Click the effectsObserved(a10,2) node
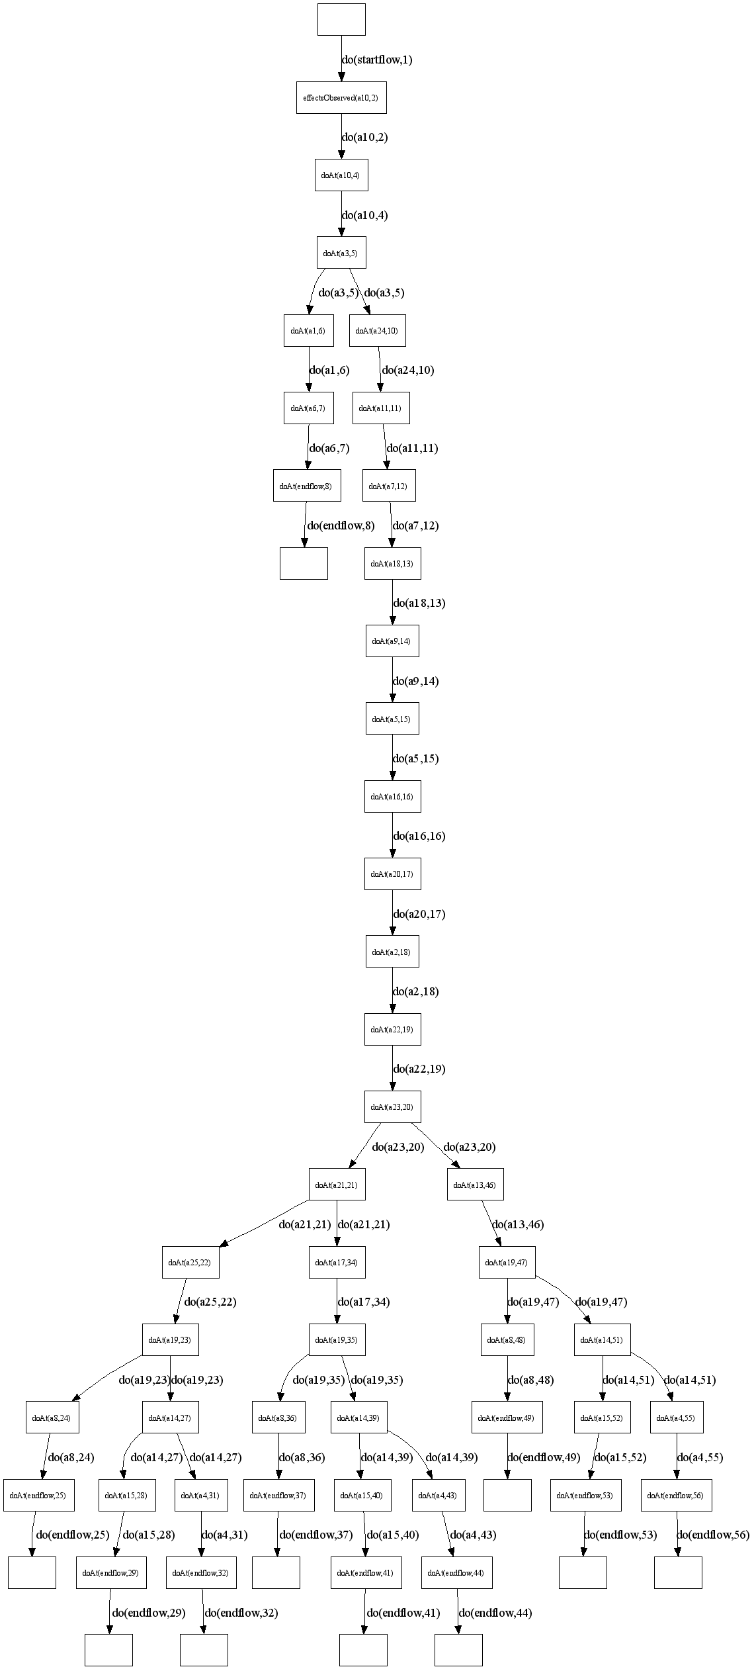click(x=341, y=98)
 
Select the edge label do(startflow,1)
click(x=377, y=60)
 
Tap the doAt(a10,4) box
click(x=341, y=175)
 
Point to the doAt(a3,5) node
click(x=341, y=253)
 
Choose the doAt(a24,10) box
click(x=377, y=330)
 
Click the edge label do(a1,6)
click(x=329, y=371)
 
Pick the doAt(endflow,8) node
click(x=305, y=486)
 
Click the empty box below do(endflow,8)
click(x=304, y=563)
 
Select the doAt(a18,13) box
click(x=392, y=563)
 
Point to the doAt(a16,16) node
click(x=392, y=796)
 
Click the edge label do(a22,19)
click(x=419, y=1069)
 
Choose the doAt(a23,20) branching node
click(x=392, y=1106)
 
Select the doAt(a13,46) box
click(x=476, y=1185)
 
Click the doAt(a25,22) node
click(x=190, y=1262)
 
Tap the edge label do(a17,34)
click(x=364, y=1302)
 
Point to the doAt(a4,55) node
click(x=676, y=1418)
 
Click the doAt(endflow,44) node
click(x=456, y=1573)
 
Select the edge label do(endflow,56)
click(x=713, y=1535)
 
